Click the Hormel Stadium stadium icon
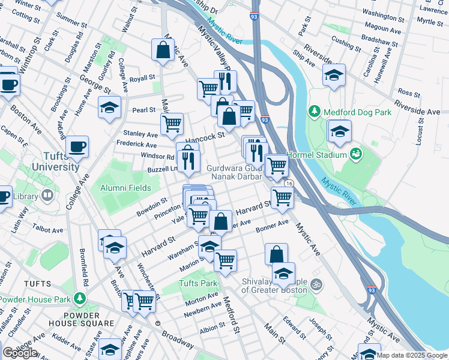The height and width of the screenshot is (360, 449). pos(356,155)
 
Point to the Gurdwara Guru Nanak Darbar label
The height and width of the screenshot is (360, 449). pos(235,173)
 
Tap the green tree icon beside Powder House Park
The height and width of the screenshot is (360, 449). pos(79,298)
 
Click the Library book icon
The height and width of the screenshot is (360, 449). pos(47,196)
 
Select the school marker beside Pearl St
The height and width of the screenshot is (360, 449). pos(109,107)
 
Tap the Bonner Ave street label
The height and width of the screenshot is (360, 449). pos(272,227)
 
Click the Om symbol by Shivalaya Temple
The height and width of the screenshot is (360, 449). pos(318,283)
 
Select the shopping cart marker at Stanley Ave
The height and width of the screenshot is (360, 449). pos(172,124)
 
